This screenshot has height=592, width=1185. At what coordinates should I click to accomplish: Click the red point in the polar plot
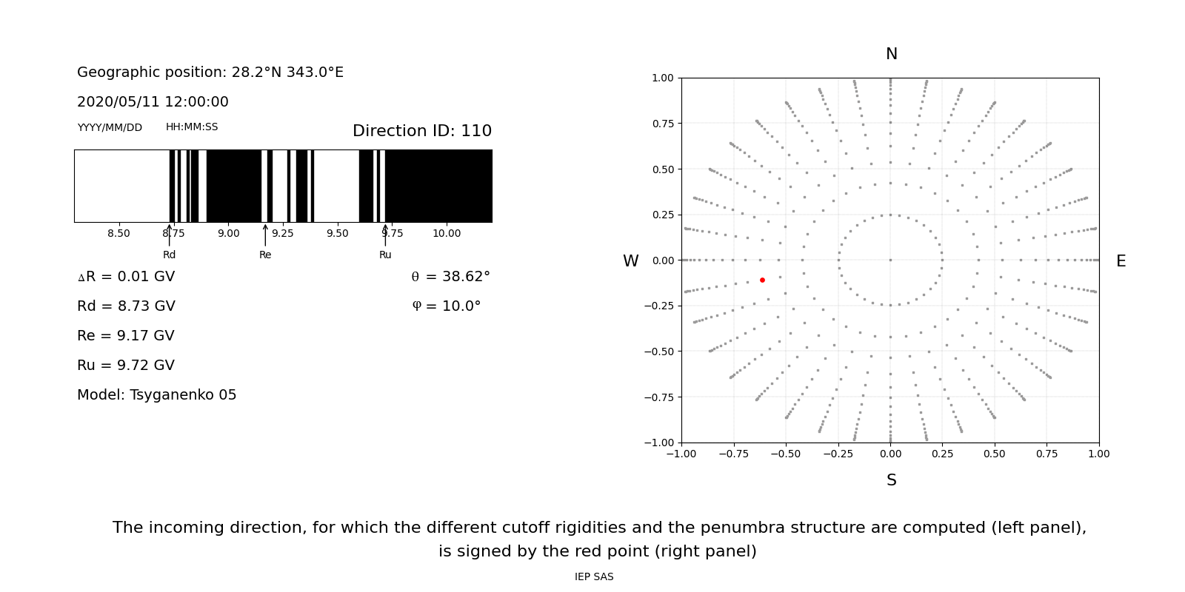pos(762,280)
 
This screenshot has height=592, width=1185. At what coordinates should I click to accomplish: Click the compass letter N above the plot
pos(891,54)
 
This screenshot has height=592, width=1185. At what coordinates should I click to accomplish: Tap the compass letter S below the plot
pos(891,480)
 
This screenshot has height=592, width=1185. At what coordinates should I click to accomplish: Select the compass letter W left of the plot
pos(630,261)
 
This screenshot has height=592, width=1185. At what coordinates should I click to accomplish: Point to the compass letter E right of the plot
pos(1121,261)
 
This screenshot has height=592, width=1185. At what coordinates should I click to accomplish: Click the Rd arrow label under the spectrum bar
pos(169,255)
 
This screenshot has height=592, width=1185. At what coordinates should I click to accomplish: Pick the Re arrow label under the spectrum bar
pos(265,255)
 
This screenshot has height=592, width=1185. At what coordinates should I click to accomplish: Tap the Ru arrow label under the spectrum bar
pos(385,255)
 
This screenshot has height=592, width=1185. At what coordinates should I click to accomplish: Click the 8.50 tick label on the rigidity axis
pos(118,233)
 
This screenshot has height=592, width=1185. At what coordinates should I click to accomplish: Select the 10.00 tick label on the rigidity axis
pos(447,233)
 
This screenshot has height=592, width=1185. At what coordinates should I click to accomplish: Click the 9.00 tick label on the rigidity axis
pos(228,233)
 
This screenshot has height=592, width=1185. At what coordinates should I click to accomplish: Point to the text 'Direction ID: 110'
pos(422,131)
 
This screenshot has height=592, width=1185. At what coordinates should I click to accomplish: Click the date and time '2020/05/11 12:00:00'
pos(153,102)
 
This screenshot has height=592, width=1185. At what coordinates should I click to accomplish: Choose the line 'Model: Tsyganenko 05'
pos(157,395)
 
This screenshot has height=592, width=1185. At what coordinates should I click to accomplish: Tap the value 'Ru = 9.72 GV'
pos(126,366)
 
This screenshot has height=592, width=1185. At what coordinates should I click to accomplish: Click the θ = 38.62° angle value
pos(450,277)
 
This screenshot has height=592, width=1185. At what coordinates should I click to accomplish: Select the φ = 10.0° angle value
pos(446,306)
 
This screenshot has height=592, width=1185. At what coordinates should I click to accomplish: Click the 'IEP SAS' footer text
pos(594,577)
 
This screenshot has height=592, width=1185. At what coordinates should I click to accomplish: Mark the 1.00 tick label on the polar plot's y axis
pos(662,78)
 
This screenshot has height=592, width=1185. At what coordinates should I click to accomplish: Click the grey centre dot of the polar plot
pos(890,260)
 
